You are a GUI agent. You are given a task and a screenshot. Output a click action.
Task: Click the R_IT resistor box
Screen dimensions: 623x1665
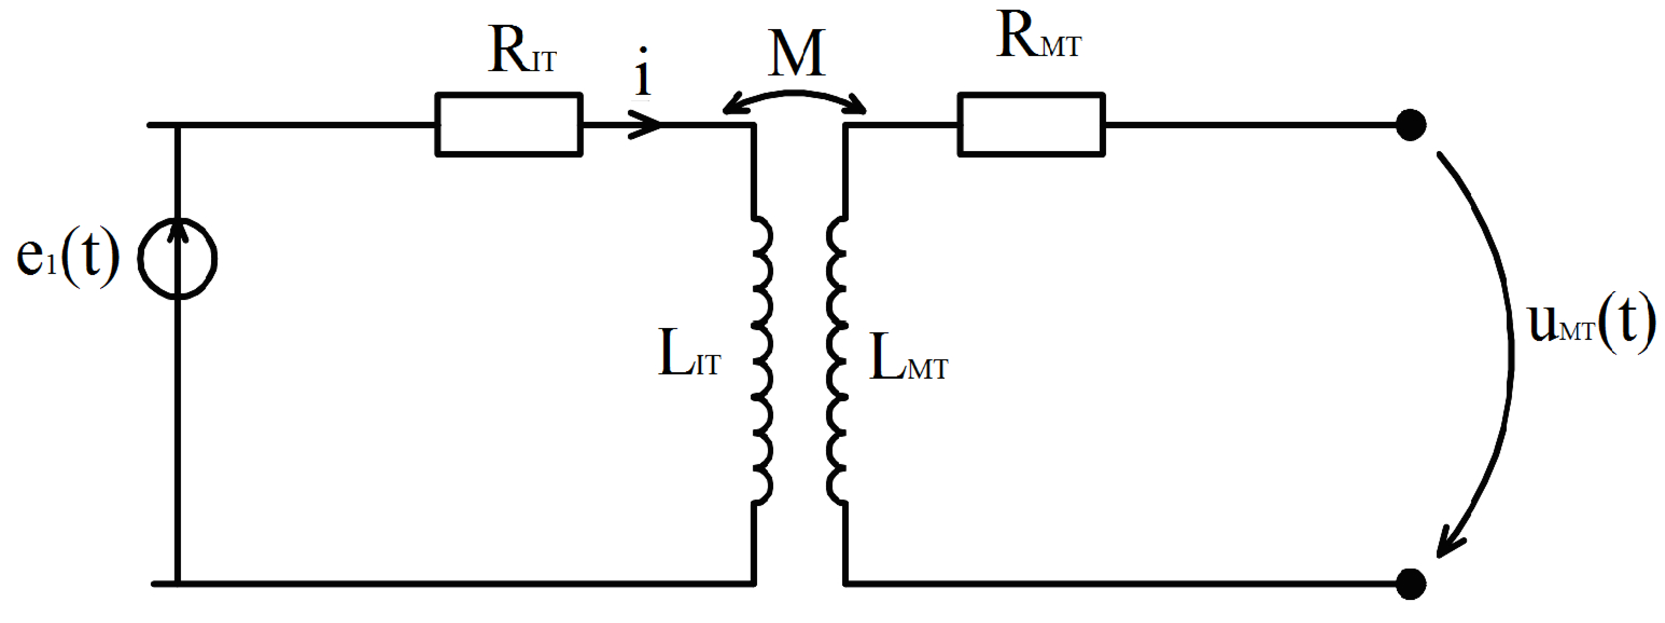coord(509,125)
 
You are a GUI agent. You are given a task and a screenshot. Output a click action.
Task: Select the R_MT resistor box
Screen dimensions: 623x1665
coord(1031,125)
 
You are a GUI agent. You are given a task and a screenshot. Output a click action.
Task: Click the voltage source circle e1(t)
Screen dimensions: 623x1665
coord(178,259)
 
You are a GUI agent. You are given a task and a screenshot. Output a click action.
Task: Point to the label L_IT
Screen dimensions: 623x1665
coord(688,355)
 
